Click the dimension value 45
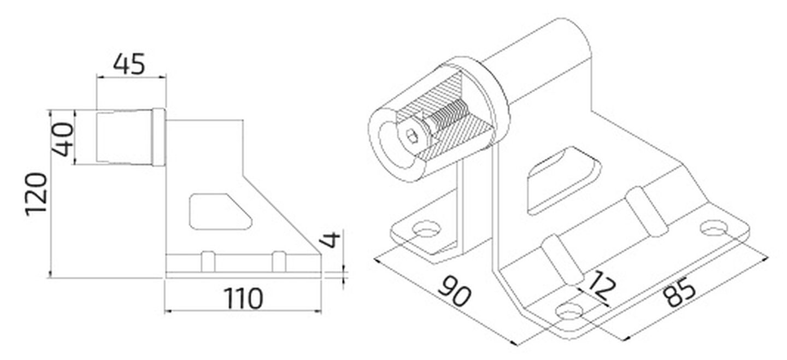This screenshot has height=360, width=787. point(128,64)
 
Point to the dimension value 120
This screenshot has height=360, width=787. point(36,194)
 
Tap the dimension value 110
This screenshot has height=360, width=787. point(243,298)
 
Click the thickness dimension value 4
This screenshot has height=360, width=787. point(330,239)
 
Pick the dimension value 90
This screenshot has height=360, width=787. point(454,291)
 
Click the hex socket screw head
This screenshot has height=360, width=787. point(414,136)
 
